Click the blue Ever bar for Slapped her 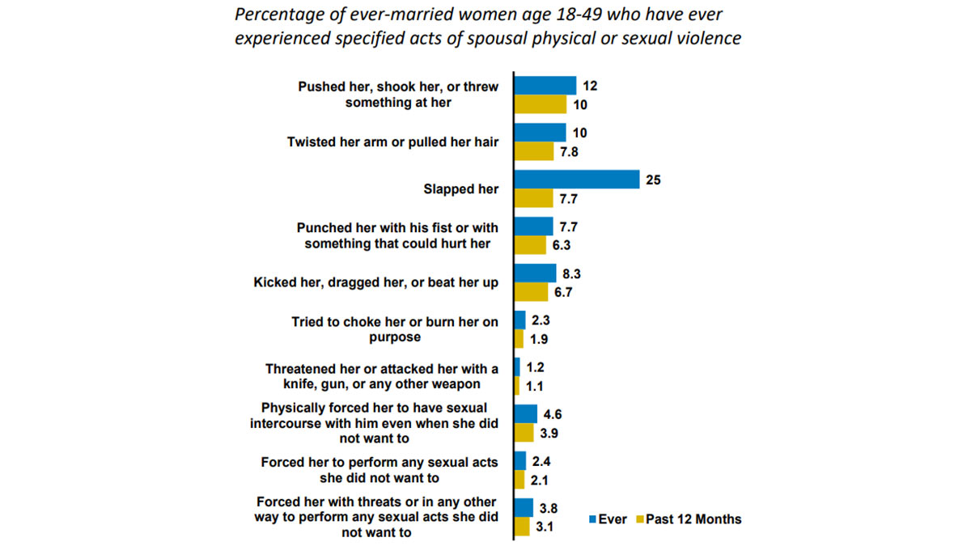click(576, 180)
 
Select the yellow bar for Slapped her click(533, 198)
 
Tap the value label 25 click(653, 180)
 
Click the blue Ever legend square click(591, 519)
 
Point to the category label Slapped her click(461, 188)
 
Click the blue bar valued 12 click(545, 85)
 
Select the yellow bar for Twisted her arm click(534, 151)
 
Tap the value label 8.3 click(573, 273)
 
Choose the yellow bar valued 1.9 click(519, 339)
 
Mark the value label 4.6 click(553, 414)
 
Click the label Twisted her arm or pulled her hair click(392, 142)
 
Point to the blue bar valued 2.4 click(520, 461)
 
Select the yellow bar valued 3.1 click(522, 527)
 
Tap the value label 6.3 click(562, 245)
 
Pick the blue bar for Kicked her click(536, 273)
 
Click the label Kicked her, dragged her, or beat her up click(376, 282)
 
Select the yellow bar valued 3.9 click(524, 433)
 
